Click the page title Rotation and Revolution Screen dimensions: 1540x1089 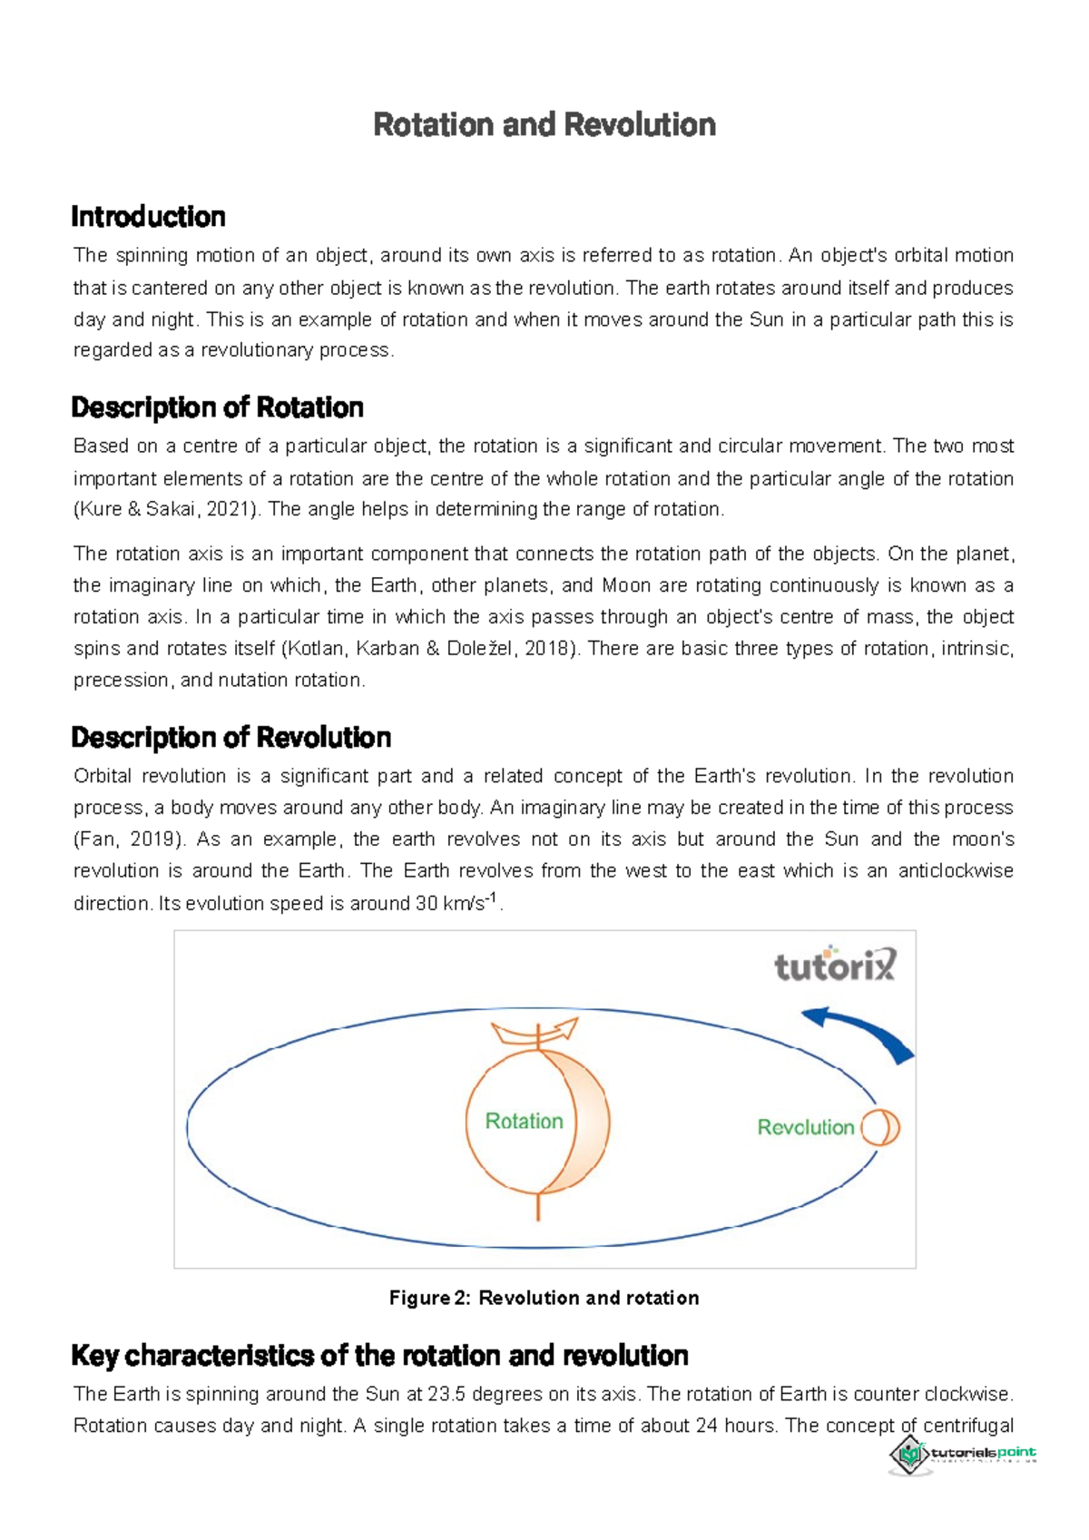point(544,124)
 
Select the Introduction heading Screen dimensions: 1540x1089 point(148,217)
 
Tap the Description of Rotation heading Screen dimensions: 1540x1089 point(217,407)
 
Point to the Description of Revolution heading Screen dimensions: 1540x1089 point(231,737)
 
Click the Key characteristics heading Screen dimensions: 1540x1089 point(379,1356)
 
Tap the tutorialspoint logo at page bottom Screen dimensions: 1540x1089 point(962,1454)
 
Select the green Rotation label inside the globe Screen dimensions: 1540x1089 point(524,1122)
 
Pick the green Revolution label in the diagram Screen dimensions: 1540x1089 point(806,1127)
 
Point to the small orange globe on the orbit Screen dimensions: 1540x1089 point(879,1128)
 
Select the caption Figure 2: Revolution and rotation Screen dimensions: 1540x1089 point(544,1298)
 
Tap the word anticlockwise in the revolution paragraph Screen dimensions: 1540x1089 point(956,871)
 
